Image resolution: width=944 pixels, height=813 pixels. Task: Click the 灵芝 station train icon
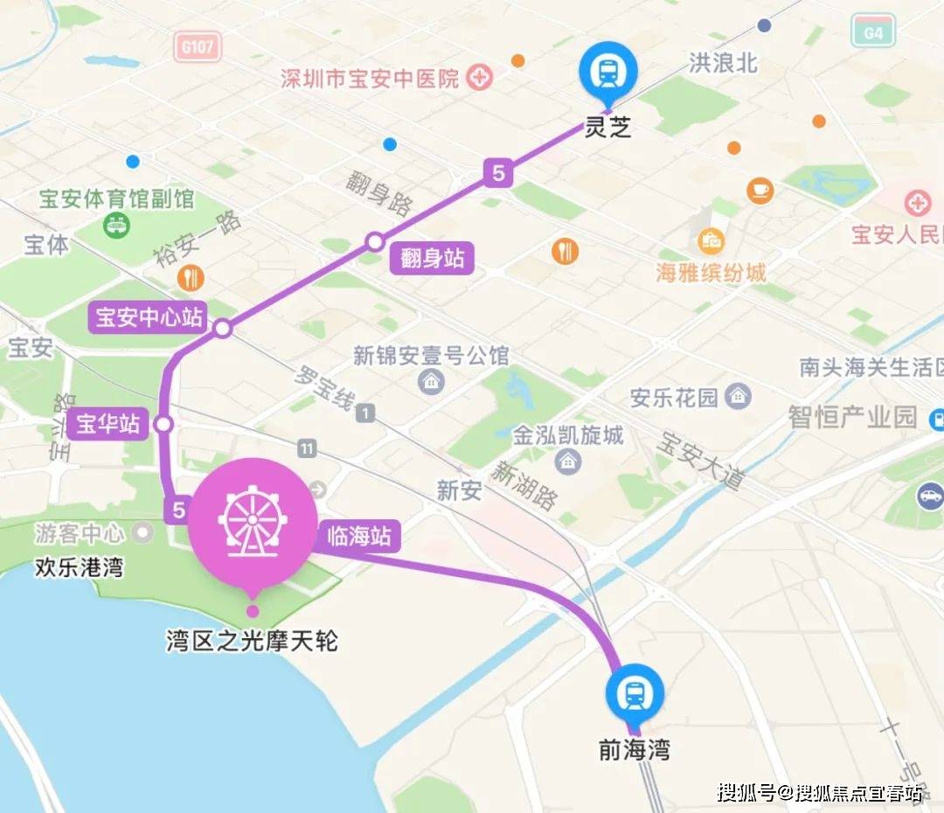point(608,70)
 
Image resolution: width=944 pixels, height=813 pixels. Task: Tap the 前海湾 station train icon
point(635,694)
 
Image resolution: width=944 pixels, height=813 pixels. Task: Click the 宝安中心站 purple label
point(148,317)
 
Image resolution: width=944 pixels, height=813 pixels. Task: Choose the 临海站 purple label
point(358,536)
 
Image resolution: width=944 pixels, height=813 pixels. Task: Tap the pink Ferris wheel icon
point(252,524)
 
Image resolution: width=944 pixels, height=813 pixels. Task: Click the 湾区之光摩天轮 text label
point(252,643)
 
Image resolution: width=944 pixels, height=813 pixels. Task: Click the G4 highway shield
point(873,31)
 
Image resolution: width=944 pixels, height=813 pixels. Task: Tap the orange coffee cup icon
point(760,190)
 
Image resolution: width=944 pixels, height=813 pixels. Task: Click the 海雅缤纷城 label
point(711,273)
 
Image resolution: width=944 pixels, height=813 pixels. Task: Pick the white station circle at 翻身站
point(375,241)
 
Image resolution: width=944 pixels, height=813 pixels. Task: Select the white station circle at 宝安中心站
point(223,329)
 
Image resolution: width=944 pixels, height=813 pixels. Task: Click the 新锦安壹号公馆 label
point(431,356)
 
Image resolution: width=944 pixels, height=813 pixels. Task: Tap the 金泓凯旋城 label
point(568,434)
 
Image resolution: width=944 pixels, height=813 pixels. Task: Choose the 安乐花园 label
point(675,398)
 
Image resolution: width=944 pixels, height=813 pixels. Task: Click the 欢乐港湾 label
point(79,568)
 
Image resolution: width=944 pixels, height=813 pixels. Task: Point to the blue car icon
point(929,496)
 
